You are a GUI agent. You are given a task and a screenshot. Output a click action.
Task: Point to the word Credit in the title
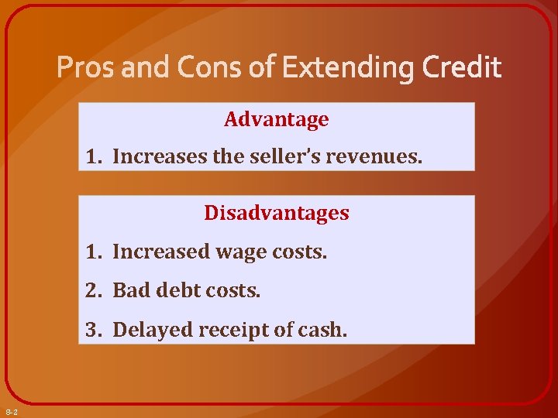tap(462, 69)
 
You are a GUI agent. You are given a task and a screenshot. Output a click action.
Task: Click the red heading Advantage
tap(276, 120)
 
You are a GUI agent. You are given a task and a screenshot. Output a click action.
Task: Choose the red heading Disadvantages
tap(276, 213)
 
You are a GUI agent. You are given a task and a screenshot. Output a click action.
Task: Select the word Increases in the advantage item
tap(159, 158)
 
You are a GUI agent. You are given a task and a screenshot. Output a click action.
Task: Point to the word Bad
tap(130, 291)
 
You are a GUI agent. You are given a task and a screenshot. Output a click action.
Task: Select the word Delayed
tap(152, 331)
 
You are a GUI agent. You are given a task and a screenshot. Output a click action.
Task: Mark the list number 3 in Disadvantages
tap(92, 331)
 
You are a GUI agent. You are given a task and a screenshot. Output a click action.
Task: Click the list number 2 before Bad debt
tap(92, 291)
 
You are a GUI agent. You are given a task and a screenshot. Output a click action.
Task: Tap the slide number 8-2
tap(12, 411)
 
